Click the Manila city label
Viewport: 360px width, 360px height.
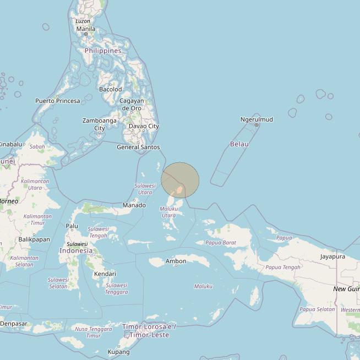pos(85,29)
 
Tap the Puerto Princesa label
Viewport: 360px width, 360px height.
pos(57,101)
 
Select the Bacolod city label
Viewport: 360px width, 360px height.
pos(110,89)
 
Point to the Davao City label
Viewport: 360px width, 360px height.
pos(144,126)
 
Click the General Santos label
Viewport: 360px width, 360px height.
pos(138,147)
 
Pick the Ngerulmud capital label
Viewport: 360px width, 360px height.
pos(257,119)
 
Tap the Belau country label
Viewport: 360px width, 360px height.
pos(239,144)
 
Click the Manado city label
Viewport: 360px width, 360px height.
pos(134,205)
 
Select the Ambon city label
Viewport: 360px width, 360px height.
pos(176,261)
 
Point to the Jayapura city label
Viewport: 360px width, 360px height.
pos(332,256)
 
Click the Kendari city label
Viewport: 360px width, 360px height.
pos(105,274)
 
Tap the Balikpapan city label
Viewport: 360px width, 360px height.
pos(34,239)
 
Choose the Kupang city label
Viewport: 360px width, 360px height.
pos(118,352)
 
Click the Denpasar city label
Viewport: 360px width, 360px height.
pos(14,324)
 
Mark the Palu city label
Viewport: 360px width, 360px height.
pos(72,226)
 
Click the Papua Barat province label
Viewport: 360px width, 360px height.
pos(220,242)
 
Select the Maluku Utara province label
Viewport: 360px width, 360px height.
pos(168,212)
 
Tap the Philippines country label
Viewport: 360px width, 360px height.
pos(103,51)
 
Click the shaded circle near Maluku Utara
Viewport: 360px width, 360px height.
pos(180,180)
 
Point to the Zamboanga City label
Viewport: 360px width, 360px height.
pos(100,124)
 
